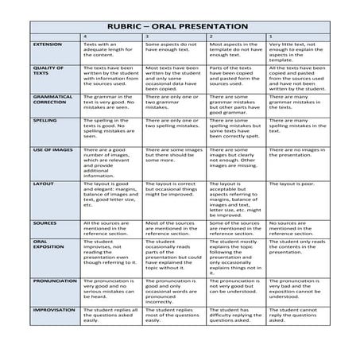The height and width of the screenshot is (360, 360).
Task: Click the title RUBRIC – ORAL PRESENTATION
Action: click(x=180, y=23)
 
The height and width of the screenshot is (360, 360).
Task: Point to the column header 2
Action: click(x=210, y=37)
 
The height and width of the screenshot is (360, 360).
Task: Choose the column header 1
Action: click(x=271, y=37)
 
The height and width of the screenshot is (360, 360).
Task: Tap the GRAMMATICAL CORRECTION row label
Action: click(x=49, y=99)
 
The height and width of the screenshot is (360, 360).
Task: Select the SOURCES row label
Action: click(x=44, y=223)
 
